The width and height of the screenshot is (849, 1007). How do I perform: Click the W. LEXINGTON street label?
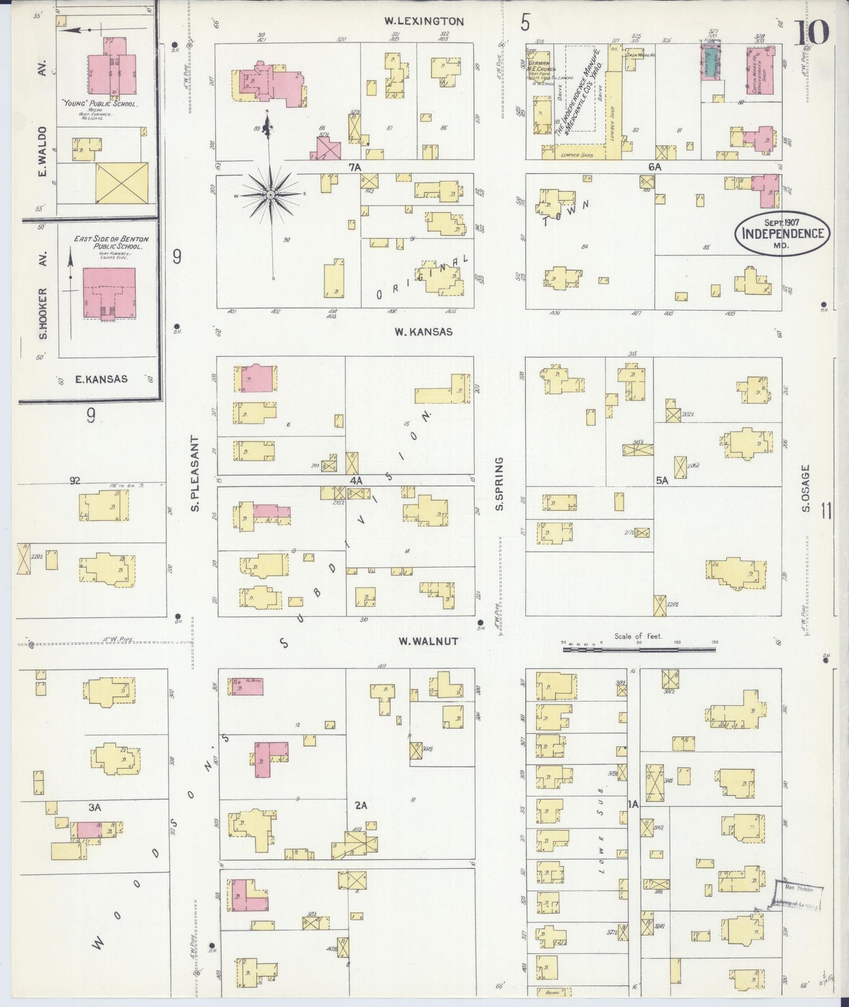coord(424,21)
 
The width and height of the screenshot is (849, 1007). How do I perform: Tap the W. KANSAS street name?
coord(423,332)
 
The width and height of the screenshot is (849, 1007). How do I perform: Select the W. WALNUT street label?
coord(428,642)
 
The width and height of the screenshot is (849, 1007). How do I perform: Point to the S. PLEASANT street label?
coord(196,473)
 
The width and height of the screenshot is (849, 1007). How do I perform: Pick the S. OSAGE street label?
coord(806,488)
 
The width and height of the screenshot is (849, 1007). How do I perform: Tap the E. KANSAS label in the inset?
coord(101,380)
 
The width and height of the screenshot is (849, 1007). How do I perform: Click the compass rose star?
coord(270,194)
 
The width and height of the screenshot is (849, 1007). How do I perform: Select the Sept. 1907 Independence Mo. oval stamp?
coord(781,233)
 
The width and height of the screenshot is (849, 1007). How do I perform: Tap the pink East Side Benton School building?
coord(109,293)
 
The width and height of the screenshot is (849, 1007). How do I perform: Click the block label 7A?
coord(354,167)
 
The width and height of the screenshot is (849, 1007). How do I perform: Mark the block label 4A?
coord(356,481)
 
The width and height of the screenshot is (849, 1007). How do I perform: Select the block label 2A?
coord(361,805)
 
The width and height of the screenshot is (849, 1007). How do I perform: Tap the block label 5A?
coord(662,481)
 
